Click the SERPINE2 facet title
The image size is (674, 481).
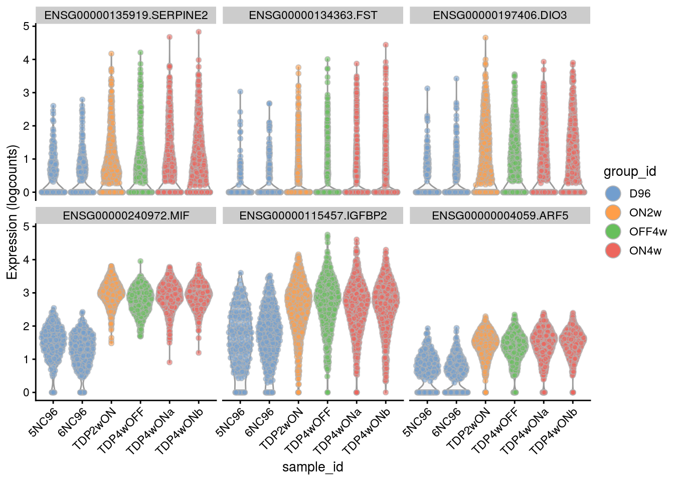point(126,15)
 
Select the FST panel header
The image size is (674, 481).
point(313,15)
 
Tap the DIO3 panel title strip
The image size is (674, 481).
point(499,15)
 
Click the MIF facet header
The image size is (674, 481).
point(126,215)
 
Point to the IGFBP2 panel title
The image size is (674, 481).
point(313,215)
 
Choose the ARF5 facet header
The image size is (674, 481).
point(499,215)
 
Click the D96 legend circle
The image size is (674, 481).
point(613,193)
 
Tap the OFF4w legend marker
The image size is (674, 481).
point(613,231)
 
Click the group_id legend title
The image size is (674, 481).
point(629,172)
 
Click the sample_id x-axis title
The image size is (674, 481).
point(312,467)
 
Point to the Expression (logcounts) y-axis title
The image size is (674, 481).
point(12,212)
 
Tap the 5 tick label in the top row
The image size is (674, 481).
point(26,26)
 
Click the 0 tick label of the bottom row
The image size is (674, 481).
point(26,392)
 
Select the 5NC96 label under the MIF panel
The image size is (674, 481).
point(44,422)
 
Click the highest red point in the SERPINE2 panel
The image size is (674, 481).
point(199,32)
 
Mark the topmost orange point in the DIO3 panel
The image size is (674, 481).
point(485,38)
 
